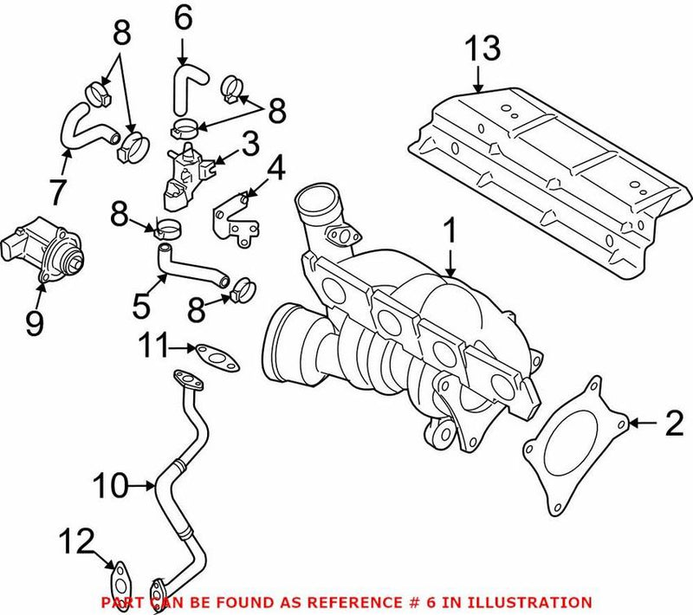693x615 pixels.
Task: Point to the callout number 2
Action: (x=673, y=423)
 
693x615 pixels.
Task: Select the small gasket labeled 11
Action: (x=212, y=353)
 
